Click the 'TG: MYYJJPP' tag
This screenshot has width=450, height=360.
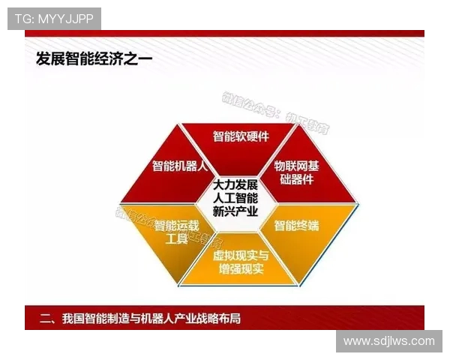pyautogui.click(x=54, y=19)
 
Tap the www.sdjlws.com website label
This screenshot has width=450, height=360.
pyautogui.click(x=388, y=341)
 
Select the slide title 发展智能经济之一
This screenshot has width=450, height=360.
pyautogui.click(x=94, y=59)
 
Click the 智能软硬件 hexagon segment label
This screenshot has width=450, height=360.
pyautogui.click(x=241, y=136)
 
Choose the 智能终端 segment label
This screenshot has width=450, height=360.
pyautogui.click(x=295, y=225)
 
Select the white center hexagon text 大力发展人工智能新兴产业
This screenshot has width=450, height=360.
pyautogui.click(x=235, y=197)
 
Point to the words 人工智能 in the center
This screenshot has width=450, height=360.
pyautogui.click(x=235, y=197)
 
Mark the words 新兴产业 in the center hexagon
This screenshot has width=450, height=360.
pyautogui.click(x=235, y=211)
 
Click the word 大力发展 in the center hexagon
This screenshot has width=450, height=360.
pyautogui.click(x=235, y=184)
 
